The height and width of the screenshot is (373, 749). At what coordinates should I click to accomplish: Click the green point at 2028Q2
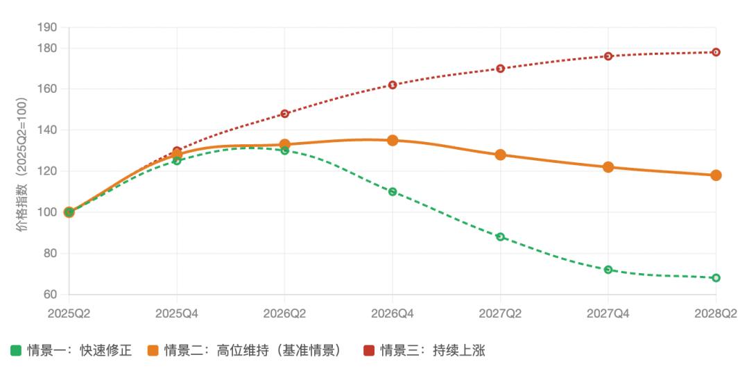[x=716, y=277]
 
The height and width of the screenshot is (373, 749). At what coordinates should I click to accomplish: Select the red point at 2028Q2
[x=716, y=52]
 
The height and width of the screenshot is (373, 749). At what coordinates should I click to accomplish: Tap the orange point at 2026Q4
[x=393, y=140]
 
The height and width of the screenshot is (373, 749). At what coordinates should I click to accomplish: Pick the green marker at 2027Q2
[x=500, y=236]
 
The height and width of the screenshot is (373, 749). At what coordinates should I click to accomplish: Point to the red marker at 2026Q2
[x=284, y=114]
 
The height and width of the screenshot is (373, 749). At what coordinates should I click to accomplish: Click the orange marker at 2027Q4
[x=608, y=167]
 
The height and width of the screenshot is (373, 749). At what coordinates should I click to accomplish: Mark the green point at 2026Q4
[x=393, y=191]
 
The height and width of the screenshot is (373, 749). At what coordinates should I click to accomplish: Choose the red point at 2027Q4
[x=608, y=56]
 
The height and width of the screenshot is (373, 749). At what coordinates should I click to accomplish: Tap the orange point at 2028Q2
[x=716, y=175]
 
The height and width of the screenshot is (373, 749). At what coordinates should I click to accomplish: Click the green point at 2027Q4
[x=608, y=269]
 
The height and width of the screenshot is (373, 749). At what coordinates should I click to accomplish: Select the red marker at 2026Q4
[x=393, y=85]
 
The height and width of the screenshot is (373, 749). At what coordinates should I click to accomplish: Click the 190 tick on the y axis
[x=49, y=28]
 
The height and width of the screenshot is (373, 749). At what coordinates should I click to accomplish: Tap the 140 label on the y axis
[x=49, y=130]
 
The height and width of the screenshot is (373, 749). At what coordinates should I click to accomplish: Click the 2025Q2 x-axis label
[x=69, y=313]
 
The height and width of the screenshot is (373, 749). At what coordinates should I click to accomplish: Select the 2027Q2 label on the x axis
[x=500, y=313]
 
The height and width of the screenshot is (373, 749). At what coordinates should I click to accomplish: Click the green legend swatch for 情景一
[x=15, y=351]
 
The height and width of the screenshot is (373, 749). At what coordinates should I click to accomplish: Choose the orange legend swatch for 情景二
[x=153, y=351]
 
